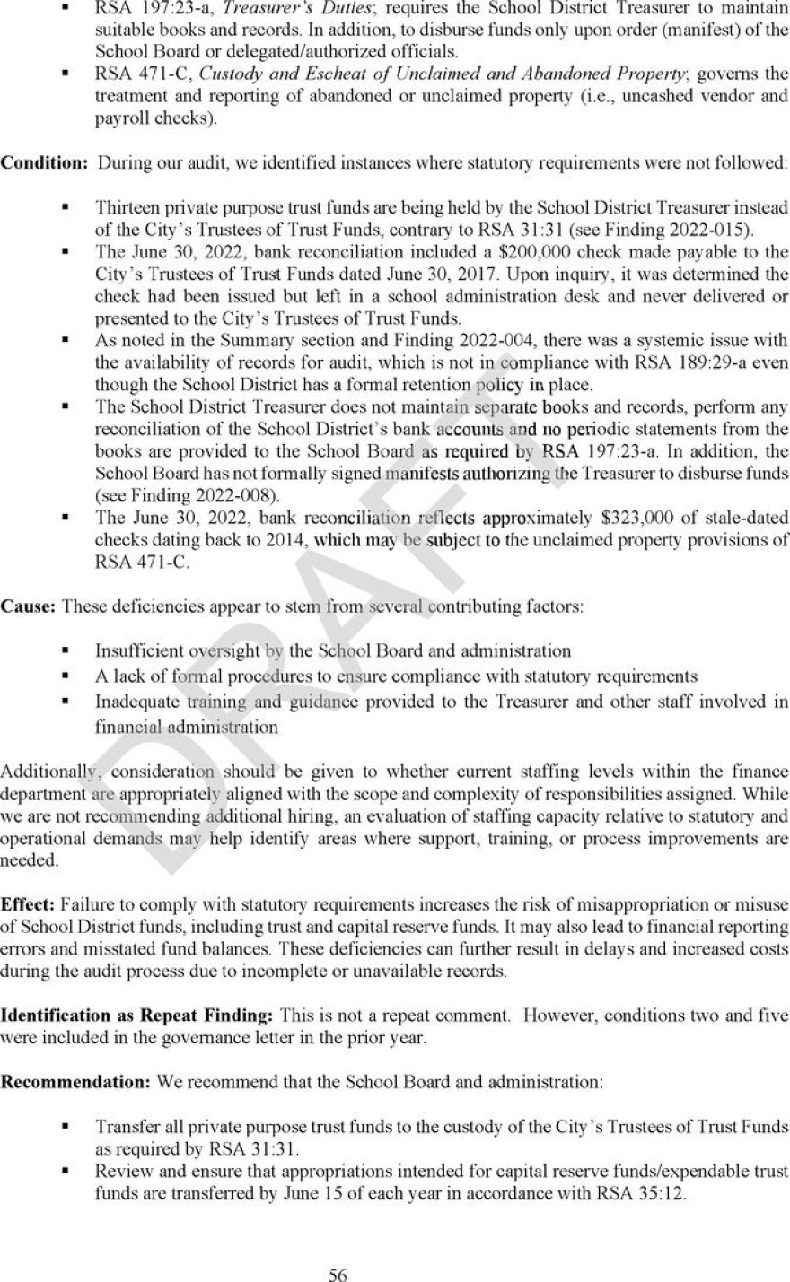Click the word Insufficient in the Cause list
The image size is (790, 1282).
click(139, 650)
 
